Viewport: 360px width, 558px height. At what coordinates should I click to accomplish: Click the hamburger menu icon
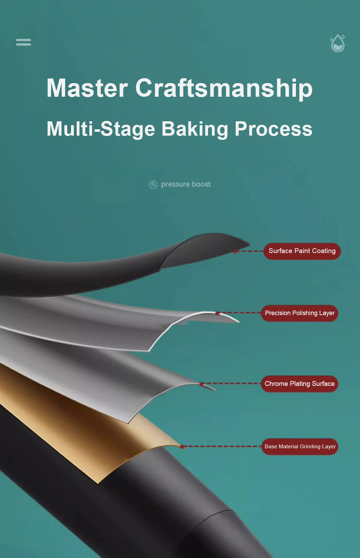click(23, 42)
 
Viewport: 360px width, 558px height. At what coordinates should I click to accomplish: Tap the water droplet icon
click(337, 44)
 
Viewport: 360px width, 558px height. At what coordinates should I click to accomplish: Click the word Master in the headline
click(87, 88)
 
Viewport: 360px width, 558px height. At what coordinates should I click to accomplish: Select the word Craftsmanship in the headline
click(224, 88)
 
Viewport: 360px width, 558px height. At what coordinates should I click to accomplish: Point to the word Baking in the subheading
click(195, 129)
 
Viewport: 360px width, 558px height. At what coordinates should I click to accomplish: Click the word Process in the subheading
click(273, 129)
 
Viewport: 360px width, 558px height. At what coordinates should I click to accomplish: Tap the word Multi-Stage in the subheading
click(101, 129)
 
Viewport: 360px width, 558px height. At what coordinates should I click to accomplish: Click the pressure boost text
click(186, 184)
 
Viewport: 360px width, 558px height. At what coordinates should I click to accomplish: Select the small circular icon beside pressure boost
click(153, 185)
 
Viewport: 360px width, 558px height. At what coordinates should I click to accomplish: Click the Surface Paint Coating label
click(302, 251)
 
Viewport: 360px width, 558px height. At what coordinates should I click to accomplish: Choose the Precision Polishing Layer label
click(300, 313)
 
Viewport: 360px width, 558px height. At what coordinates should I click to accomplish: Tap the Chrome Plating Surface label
click(299, 384)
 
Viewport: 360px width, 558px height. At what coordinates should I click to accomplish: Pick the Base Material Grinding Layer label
click(300, 446)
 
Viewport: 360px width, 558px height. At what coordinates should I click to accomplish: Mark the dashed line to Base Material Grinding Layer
click(221, 446)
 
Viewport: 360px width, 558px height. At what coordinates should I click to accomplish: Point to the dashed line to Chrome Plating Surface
click(230, 383)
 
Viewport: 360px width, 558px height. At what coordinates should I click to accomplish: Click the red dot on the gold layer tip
click(182, 447)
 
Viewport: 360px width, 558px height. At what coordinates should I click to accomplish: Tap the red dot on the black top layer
click(235, 251)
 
